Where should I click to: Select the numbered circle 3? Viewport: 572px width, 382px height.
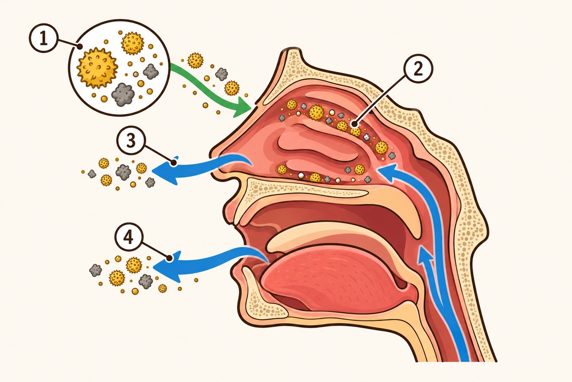[131, 140]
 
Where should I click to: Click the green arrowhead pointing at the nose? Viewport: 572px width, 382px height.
[242, 108]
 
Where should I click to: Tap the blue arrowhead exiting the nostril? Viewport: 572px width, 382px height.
[165, 170]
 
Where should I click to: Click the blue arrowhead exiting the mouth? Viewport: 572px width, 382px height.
[166, 266]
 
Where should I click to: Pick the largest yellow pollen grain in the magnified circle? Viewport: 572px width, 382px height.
[97, 68]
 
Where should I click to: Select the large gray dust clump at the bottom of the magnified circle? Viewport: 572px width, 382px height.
[123, 94]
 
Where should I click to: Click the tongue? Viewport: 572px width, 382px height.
[332, 279]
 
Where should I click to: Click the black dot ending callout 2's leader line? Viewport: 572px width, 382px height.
[354, 125]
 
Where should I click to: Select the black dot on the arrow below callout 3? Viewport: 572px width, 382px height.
[174, 162]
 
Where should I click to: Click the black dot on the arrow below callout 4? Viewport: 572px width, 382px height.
[169, 258]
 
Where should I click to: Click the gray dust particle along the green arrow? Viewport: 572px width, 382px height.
[221, 74]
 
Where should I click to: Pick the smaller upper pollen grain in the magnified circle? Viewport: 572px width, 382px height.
[133, 43]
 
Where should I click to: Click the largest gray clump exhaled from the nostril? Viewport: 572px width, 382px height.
[123, 172]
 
